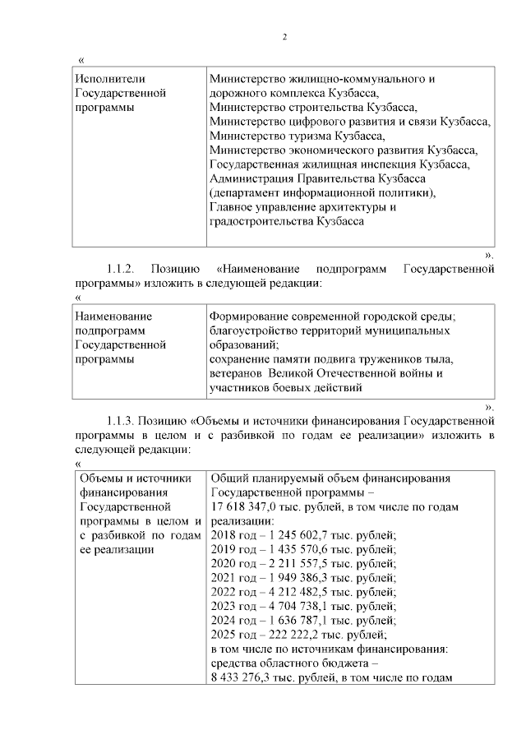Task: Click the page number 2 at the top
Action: pyautogui.click(x=284, y=36)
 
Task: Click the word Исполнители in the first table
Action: pyautogui.click(x=109, y=79)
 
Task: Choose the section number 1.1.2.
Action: pyautogui.click(x=126, y=268)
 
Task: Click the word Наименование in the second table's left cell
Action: pyautogui.click(x=113, y=316)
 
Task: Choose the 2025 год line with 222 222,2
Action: pyautogui.click(x=298, y=635)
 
